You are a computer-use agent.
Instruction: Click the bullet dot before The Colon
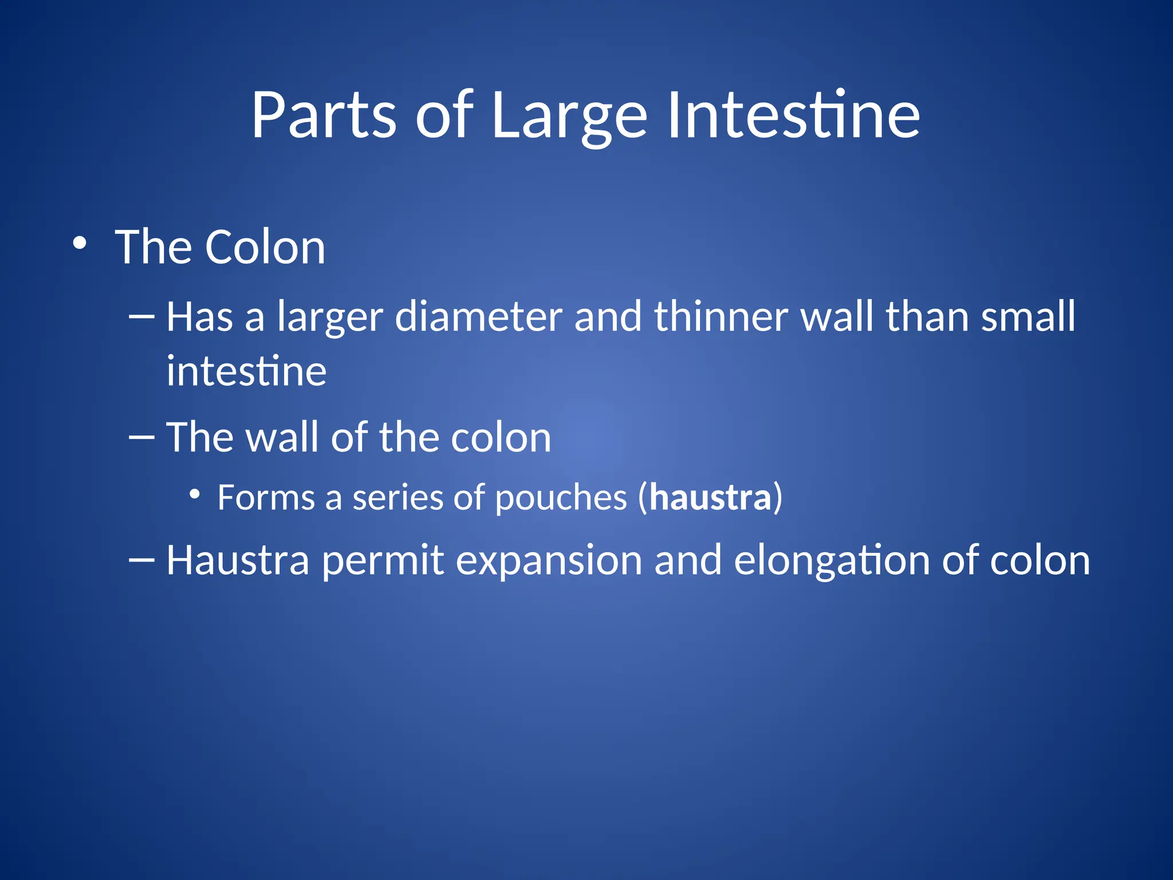80,244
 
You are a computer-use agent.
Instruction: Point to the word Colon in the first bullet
265,247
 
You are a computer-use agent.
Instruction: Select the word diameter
478,317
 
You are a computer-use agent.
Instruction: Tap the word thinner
721,317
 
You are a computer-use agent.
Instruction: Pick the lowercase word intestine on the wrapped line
246,371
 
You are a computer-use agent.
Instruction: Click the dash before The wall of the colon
142,437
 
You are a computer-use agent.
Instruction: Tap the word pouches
561,497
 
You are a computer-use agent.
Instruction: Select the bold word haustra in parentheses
710,497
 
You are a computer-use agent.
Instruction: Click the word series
397,497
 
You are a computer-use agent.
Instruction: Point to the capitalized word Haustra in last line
237,560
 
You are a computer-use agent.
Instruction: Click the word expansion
548,560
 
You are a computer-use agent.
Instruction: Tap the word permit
382,560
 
